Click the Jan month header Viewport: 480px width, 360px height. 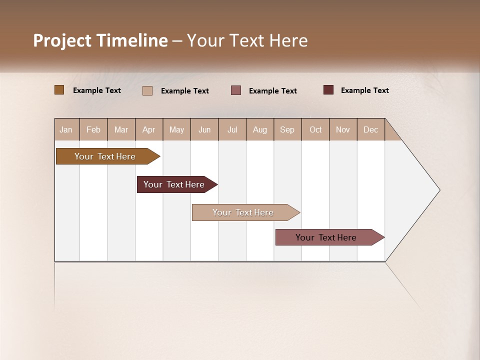(x=66, y=129)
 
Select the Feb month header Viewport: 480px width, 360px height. (x=93, y=129)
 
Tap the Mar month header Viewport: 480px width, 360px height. (x=121, y=129)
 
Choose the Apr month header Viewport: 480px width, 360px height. (x=149, y=129)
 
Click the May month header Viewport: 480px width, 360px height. (x=176, y=129)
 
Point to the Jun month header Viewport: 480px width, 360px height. (x=204, y=129)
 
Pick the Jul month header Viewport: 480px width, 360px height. (x=232, y=129)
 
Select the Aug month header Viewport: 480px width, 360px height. (x=260, y=129)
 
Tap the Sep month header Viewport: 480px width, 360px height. (x=287, y=129)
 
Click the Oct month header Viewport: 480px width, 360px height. (x=315, y=129)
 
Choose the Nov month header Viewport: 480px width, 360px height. (x=343, y=129)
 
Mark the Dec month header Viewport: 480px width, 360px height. (x=371, y=129)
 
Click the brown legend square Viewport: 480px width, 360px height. (x=59, y=90)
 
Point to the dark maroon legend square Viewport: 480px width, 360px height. (x=328, y=90)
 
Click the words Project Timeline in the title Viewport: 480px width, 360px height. (x=100, y=40)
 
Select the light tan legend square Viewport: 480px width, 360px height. (x=147, y=90)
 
